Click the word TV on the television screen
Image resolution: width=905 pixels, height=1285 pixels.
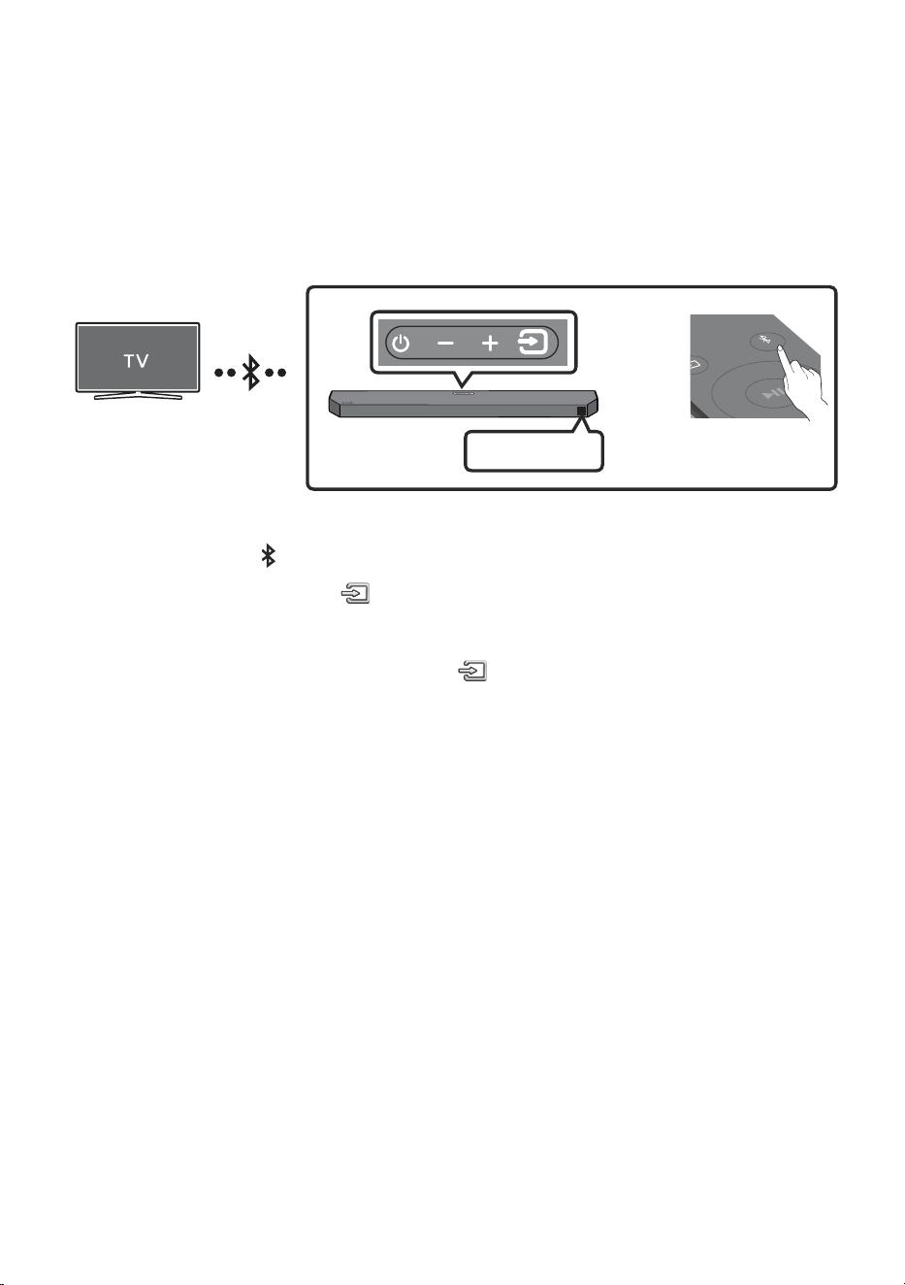coord(136,361)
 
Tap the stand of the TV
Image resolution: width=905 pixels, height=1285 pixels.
coord(138,395)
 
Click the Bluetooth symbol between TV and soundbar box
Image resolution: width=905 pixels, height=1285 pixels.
coord(250,373)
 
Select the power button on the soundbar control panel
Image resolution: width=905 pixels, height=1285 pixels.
coord(401,343)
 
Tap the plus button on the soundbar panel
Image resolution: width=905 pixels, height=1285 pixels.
coord(490,343)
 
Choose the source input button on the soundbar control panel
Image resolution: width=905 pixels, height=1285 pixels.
coord(533,343)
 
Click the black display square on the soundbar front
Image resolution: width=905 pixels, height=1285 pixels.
coord(581,411)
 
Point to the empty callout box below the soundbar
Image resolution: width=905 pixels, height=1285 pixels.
coord(533,451)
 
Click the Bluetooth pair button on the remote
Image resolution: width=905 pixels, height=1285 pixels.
coord(767,341)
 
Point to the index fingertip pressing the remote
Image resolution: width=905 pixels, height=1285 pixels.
coord(781,348)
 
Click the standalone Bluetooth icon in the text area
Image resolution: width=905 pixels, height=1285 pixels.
coord(268,556)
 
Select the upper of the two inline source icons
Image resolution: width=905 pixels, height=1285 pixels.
coord(355,593)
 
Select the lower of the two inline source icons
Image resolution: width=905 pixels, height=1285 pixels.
coord(472,671)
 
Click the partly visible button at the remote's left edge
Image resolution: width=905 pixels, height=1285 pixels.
coord(697,365)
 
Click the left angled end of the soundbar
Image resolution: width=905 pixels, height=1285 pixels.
coord(335,404)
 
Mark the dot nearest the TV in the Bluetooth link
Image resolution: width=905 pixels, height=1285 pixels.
coord(218,373)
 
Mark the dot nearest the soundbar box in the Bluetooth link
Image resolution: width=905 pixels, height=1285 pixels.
coord(281,373)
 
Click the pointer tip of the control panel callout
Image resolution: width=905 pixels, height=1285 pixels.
coord(463,387)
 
